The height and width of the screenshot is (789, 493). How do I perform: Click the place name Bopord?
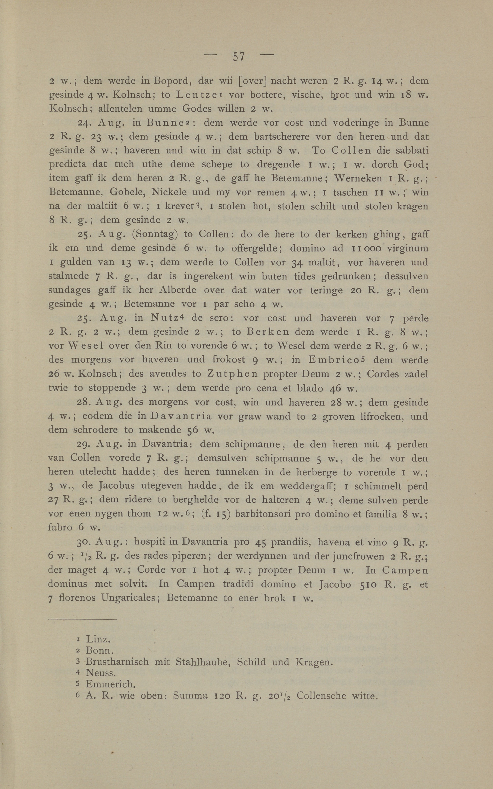(171, 80)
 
